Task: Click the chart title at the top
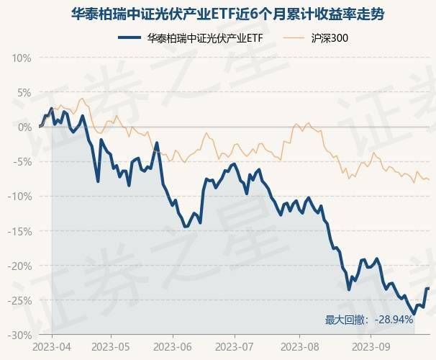pos(218,14)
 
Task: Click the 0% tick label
pos(24,127)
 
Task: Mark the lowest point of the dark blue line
pos(414,314)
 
